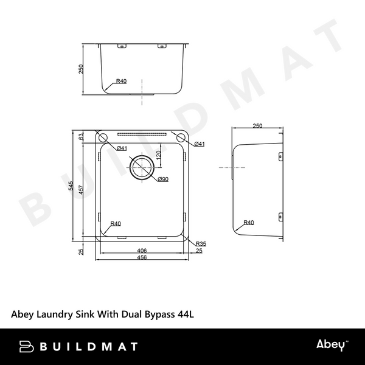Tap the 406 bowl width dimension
coord(141,251)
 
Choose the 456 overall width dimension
coord(141,258)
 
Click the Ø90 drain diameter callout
coord(162,179)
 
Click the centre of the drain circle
coord(142,166)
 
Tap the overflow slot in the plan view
coord(141,133)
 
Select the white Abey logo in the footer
coord(331,346)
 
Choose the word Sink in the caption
coord(85,315)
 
